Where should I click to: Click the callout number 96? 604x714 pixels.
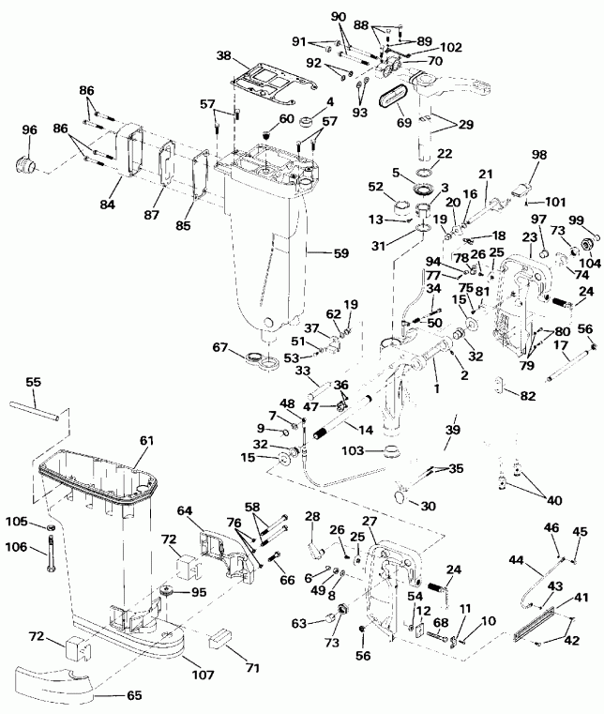coord(30,130)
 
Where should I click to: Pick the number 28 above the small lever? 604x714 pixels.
coord(311,516)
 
